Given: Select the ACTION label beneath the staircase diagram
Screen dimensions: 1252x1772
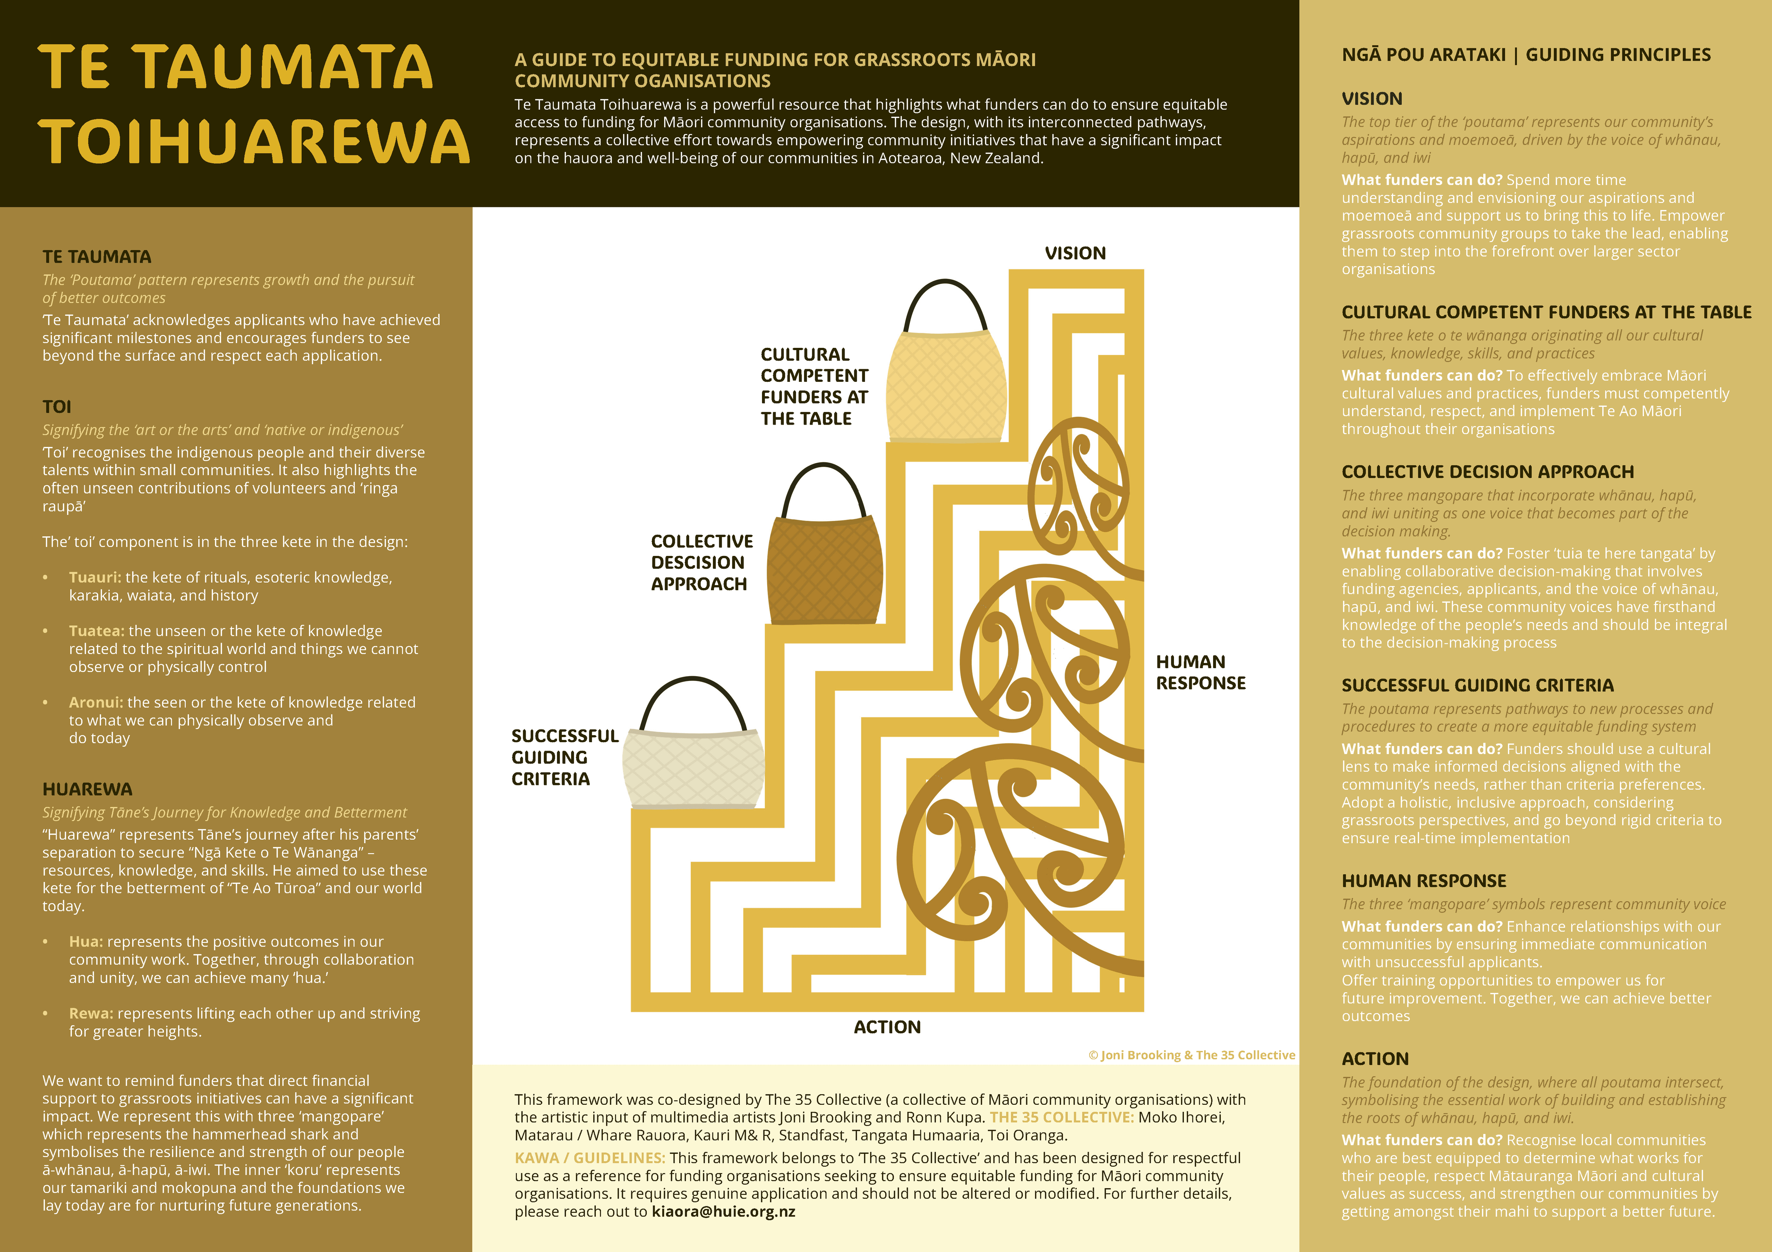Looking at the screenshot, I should pos(887,1027).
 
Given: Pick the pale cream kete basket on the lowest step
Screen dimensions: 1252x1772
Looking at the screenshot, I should pos(693,768).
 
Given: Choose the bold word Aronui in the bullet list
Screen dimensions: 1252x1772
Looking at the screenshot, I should pos(96,702).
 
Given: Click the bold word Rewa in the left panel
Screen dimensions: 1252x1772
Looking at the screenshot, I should pos(91,1013).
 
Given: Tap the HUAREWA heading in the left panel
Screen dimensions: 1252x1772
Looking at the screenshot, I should pos(87,789).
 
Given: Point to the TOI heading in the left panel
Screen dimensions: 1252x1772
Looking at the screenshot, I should pos(56,407).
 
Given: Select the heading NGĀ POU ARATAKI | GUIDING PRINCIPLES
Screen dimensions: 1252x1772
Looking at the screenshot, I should pos(1526,55).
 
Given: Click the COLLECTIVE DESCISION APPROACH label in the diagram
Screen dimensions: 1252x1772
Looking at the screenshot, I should pos(701,562).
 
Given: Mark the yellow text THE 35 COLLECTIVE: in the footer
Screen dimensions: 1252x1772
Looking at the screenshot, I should pos(1061,1117).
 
